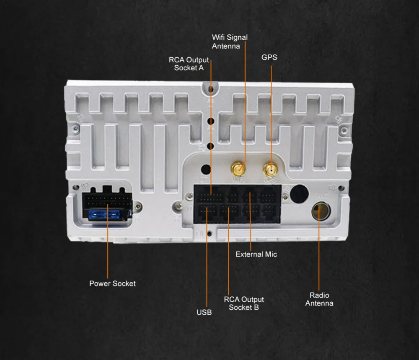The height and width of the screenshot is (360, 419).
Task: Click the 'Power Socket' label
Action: (112, 283)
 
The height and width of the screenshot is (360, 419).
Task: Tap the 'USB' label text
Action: (204, 312)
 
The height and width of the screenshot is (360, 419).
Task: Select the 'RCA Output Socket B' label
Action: (244, 303)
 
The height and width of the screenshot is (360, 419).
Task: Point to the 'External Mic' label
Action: (256, 254)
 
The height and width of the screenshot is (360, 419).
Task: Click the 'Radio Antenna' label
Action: (319, 299)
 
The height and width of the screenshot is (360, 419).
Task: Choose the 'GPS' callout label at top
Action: (269, 57)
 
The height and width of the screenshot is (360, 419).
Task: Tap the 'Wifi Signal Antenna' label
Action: (230, 41)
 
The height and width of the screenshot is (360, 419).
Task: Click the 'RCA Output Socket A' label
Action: (189, 64)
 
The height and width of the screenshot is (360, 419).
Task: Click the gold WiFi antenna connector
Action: (238, 169)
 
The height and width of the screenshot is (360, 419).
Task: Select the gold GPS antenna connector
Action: (270, 170)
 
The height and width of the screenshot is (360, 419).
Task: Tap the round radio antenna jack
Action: (321, 211)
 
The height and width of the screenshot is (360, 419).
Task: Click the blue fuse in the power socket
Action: (104, 214)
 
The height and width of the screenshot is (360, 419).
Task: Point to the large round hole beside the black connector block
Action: (299, 194)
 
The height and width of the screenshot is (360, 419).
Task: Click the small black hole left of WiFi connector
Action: (206, 169)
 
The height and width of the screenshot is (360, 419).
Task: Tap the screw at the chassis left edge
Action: (76, 129)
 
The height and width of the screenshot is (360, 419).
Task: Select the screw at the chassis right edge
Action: (344, 131)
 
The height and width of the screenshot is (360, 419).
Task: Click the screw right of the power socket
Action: (138, 206)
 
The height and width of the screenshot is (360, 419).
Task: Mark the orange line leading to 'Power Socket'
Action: (108, 241)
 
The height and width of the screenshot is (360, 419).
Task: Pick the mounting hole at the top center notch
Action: (211, 89)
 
